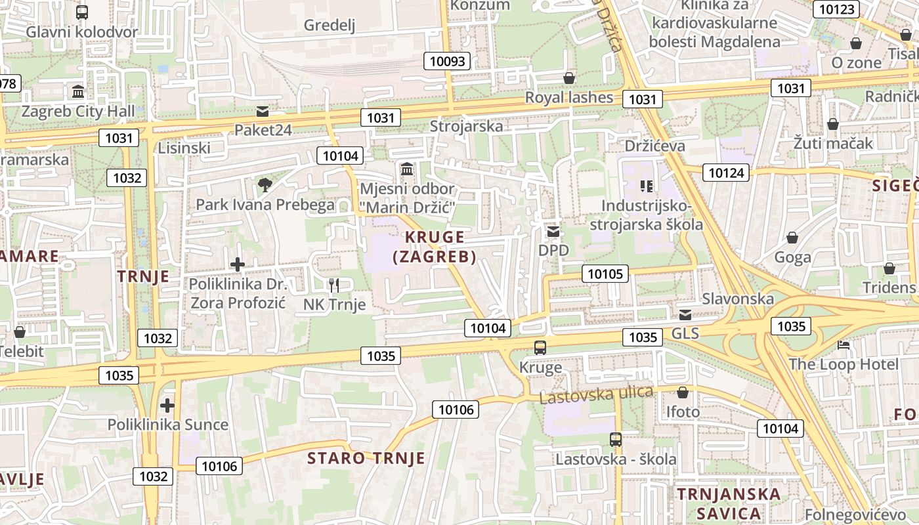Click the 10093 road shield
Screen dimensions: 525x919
[x=448, y=62]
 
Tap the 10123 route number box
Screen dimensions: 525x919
[x=836, y=9]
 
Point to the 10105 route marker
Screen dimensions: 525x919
[x=605, y=274]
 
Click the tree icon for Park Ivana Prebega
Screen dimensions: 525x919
[x=265, y=185]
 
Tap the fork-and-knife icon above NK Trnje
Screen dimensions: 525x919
[x=334, y=285]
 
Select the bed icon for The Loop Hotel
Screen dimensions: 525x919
[x=844, y=345]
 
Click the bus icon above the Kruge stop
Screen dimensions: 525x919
[x=540, y=348]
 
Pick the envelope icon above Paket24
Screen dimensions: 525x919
[x=263, y=111]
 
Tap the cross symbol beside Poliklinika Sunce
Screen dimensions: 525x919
[x=167, y=405]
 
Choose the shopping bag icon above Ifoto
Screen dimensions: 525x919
[x=683, y=392]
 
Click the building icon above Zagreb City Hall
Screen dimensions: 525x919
[x=78, y=91]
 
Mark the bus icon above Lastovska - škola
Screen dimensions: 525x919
[x=615, y=440]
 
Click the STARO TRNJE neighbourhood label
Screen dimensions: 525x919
[x=366, y=458]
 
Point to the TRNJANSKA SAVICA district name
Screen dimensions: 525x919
[x=729, y=503]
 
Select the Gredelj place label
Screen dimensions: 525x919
[x=330, y=26]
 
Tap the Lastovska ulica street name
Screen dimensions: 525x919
[x=596, y=395]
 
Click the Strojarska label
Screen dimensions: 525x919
[x=466, y=126]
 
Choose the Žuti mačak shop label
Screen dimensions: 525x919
[x=833, y=143]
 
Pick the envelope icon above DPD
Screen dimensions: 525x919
[x=553, y=231]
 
